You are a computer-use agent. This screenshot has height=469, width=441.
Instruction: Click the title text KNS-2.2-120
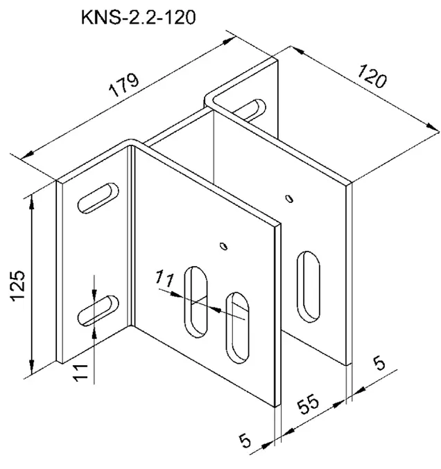[x=138, y=17]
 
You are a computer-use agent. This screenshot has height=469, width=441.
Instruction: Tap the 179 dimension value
[x=124, y=85]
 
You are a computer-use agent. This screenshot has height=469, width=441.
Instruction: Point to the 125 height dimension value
[x=17, y=285]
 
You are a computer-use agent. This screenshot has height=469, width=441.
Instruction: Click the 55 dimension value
[x=309, y=404]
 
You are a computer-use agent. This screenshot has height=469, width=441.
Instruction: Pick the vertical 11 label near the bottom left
[x=81, y=373]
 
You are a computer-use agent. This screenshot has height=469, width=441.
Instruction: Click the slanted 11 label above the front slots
[x=164, y=278]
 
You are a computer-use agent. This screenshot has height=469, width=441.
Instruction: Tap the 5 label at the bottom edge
[x=245, y=441]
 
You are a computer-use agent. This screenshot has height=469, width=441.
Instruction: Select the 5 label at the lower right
[x=379, y=363]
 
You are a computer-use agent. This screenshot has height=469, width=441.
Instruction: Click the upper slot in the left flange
[x=98, y=198]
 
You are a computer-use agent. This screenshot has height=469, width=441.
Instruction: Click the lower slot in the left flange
[x=98, y=311]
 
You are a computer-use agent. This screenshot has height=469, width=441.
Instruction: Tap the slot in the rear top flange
[x=250, y=110]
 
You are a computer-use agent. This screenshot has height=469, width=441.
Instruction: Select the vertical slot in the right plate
[x=308, y=287]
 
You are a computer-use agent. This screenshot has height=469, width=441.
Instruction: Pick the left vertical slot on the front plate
[x=196, y=302]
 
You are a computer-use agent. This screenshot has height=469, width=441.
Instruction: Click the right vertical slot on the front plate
[x=237, y=328]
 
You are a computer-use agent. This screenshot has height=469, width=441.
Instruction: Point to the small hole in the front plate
[x=223, y=246]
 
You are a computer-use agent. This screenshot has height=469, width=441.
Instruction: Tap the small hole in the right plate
[x=289, y=199]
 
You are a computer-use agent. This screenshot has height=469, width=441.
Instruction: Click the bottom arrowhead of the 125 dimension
[x=31, y=366]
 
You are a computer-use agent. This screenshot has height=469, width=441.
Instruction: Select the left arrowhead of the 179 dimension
[x=27, y=155]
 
